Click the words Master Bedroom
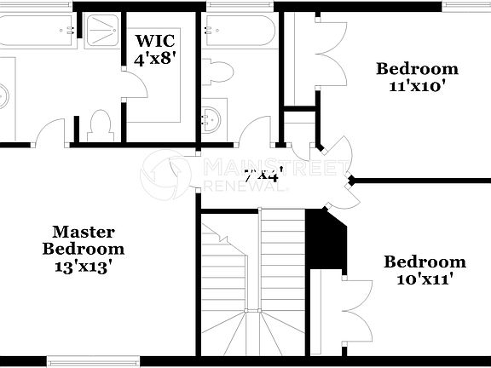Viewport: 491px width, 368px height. [84, 240]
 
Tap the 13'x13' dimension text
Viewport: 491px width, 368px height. [84, 265]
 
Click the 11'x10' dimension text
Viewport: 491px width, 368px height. [418, 85]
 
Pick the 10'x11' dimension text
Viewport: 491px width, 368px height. [424, 278]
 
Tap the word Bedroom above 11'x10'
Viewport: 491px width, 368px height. [418, 69]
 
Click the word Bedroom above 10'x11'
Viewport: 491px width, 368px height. [424, 262]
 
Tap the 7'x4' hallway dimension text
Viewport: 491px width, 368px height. [263, 176]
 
